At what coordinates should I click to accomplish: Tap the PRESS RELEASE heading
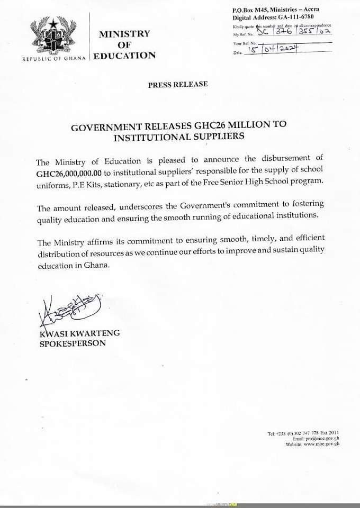[x=178, y=84]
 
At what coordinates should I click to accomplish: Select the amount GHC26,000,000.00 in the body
[x=69, y=173]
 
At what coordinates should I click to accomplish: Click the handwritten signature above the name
[x=69, y=311]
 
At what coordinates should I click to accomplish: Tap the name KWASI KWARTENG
[x=79, y=333]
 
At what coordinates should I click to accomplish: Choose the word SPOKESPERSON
[x=73, y=343]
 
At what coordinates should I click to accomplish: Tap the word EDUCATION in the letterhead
[x=125, y=56]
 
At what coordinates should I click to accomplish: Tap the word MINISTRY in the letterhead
[x=124, y=34]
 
